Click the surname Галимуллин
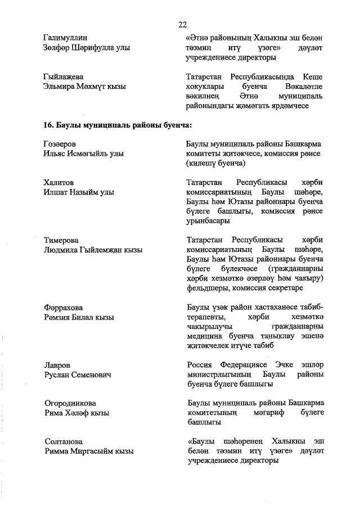(67, 38)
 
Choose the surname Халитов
(58, 182)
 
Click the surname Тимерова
(61, 240)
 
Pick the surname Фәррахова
(63, 308)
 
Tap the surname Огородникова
(69, 403)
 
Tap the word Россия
(199, 365)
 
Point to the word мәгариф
(268, 413)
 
